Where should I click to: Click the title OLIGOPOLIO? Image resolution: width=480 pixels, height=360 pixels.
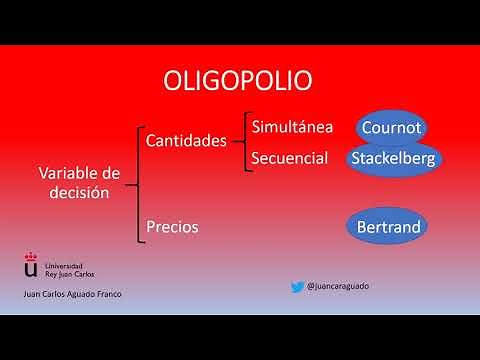coord(237,80)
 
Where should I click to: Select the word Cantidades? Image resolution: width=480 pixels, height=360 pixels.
coord(186,141)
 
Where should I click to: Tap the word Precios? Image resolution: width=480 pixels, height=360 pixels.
coord(172,227)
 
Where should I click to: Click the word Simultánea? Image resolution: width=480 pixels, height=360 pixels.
coord(292,127)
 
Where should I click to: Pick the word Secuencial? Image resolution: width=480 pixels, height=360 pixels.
coord(290,158)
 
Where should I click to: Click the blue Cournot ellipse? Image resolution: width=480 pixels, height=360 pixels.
coord(393,129)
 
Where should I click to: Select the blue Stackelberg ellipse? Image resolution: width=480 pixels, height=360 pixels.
coord(395,159)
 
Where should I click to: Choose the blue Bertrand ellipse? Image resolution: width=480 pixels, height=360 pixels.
coord(389,227)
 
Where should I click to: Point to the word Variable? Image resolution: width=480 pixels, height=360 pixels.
coord(64,174)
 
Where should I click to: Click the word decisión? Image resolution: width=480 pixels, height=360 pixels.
coord(72,193)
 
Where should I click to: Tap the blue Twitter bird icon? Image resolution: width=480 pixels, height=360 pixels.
coord(297,286)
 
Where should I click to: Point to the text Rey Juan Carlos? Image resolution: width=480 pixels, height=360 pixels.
coord(68,271)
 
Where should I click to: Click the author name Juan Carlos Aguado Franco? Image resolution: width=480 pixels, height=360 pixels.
coord(67,296)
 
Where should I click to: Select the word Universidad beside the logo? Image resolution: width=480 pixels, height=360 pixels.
coord(64,261)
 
